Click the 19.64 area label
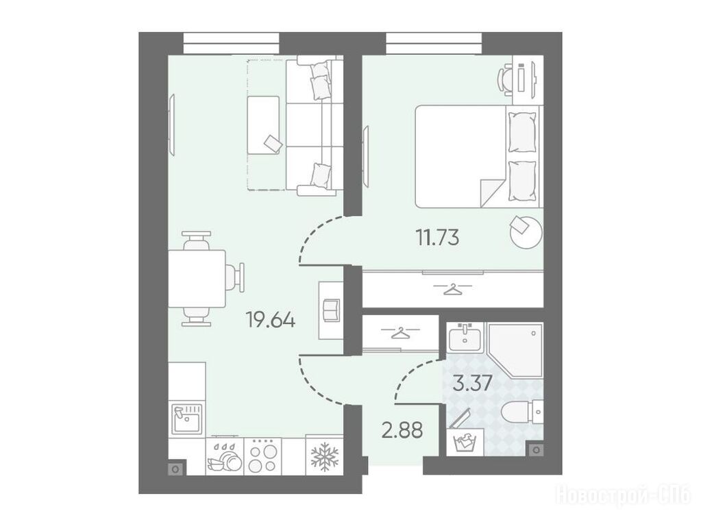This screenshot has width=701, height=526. tap(271, 320)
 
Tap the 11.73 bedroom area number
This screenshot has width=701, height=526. tap(437, 237)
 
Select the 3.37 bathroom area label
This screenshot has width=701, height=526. tap(473, 383)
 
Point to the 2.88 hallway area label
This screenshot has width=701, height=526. tap(402, 430)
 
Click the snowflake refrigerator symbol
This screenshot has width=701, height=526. tap(325, 456)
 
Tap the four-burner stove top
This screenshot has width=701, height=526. tap(262, 456)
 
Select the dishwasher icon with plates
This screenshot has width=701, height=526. tap(225, 457)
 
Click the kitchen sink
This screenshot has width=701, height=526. tap(188, 418)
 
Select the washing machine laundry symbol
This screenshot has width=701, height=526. tap(465, 443)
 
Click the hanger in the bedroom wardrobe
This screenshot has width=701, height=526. tap(454, 289)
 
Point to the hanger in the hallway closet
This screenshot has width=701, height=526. tap(401, 332)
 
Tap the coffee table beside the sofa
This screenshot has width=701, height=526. tap(263, 125)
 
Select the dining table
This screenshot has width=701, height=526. tap(197, 279)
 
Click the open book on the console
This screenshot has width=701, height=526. tap(331, 310)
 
